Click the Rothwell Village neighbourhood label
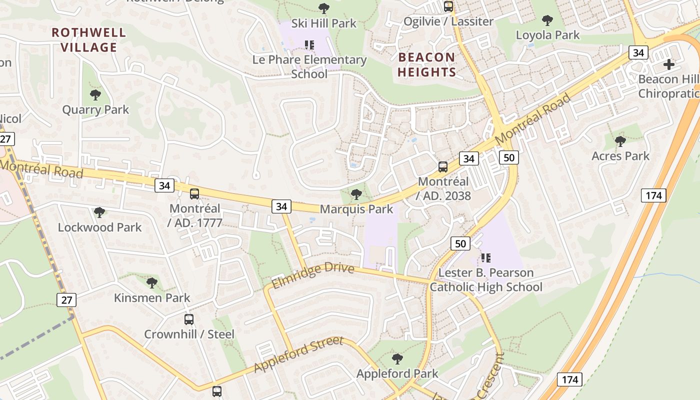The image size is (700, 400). pyautogui.click(x=89, y=40)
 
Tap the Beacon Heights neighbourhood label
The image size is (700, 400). pyautogui.click(x=427, y=64)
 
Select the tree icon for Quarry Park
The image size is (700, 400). pyautogui.click(x=95, y=94)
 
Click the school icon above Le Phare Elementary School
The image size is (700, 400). pyautogui.click(x=309, y=45)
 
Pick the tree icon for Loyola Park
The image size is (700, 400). pyautogui.click(x=547, y=20)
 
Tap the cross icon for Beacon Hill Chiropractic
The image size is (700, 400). pyautogui.click(x=669, y=64)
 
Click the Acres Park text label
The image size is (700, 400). pyautogui.click(x=620, y=156)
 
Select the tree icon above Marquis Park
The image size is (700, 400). pyautogui.click(x=356, y=194)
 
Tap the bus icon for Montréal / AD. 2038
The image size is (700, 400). pyautogui.click(x=443, y=167)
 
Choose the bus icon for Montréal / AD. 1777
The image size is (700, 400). pyautogui.click(x=194, y=193)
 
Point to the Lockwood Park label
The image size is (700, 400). pyautogui.click(x=100, y=227)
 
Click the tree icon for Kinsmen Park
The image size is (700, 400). pyautogui.click(x=152, y=283)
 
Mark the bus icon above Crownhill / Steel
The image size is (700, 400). pyautogui.click(x=189, y=319)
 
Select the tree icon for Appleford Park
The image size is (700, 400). pyautogui.click(x=397, y=358)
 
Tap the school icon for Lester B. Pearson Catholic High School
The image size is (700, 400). pyautogui.click(x=485, y=258)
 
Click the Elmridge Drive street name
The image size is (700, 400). pyautogui.click(x=313, y=276)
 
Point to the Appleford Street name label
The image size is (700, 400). pyautogui.click(x=298, y=354)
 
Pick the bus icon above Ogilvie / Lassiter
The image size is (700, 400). pyautogui.click(x=448, y=6)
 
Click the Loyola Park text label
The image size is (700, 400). pyautogui.click(x=547, y=35)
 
